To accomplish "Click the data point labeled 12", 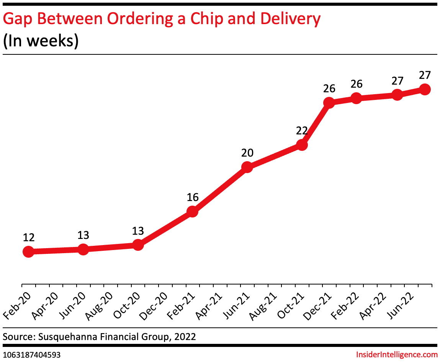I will [28, 252].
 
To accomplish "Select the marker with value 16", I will [192, 211].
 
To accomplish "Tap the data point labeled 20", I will [247, 167].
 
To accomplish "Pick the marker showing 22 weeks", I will [302, 145].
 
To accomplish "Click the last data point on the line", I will [425, 89].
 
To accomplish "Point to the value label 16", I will [193, 198].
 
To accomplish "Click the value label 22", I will [302, 131].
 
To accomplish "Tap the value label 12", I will [29, 237].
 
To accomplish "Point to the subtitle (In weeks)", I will [41, 41].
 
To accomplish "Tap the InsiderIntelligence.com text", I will [397, 355].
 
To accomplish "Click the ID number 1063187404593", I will [31, 355].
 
